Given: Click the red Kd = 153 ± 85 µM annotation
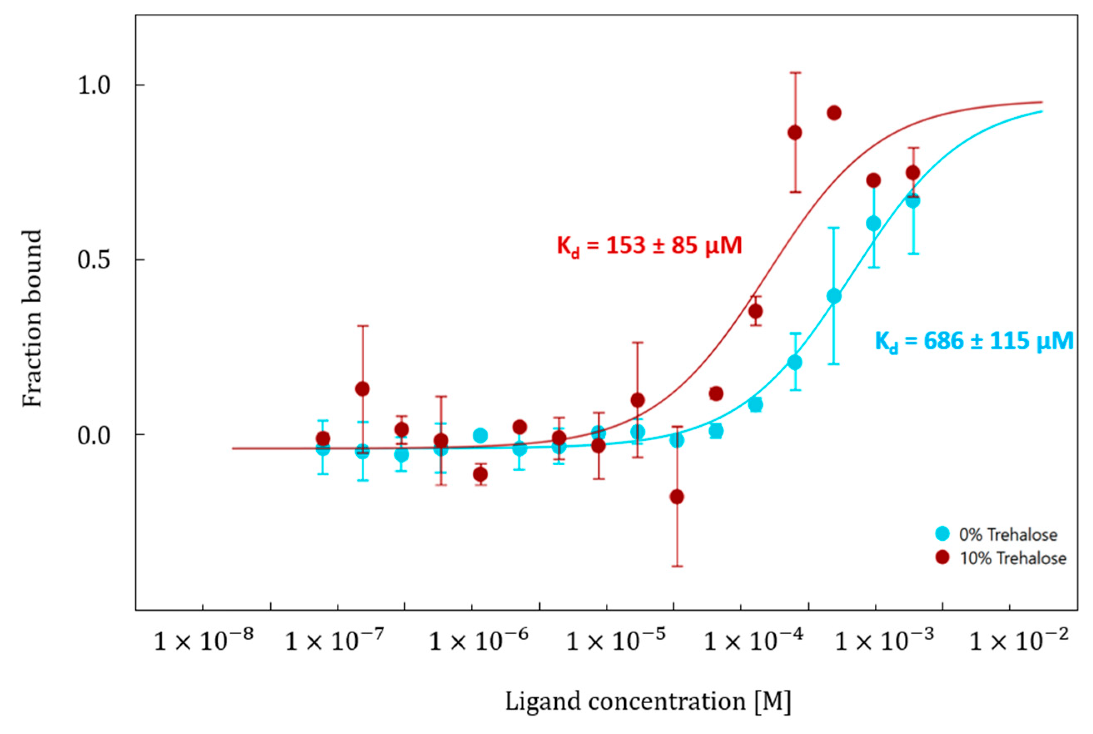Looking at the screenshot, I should point(649,246).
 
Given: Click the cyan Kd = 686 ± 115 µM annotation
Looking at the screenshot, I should point(974,341).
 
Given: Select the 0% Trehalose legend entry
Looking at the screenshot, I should point(998,534).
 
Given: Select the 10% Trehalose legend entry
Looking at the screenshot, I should point(1002,558).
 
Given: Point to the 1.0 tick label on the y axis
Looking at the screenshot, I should point(94,86).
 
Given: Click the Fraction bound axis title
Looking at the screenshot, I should point(32,318).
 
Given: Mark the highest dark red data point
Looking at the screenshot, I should point(834,113).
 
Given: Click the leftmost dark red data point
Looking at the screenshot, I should point(323,439).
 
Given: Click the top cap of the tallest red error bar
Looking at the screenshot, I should point(795,72).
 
